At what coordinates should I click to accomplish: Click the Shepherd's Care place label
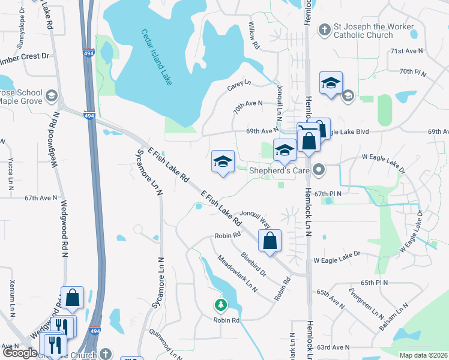279,170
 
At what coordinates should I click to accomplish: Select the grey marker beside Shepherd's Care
320,170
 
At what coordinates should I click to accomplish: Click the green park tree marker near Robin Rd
221,305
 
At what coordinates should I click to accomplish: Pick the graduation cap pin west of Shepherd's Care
222,162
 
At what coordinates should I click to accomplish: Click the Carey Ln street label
239,86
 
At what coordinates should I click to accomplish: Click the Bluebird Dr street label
253,264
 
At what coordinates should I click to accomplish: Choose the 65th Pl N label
375,282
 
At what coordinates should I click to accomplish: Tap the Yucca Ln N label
11,174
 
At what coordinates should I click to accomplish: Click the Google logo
20,353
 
